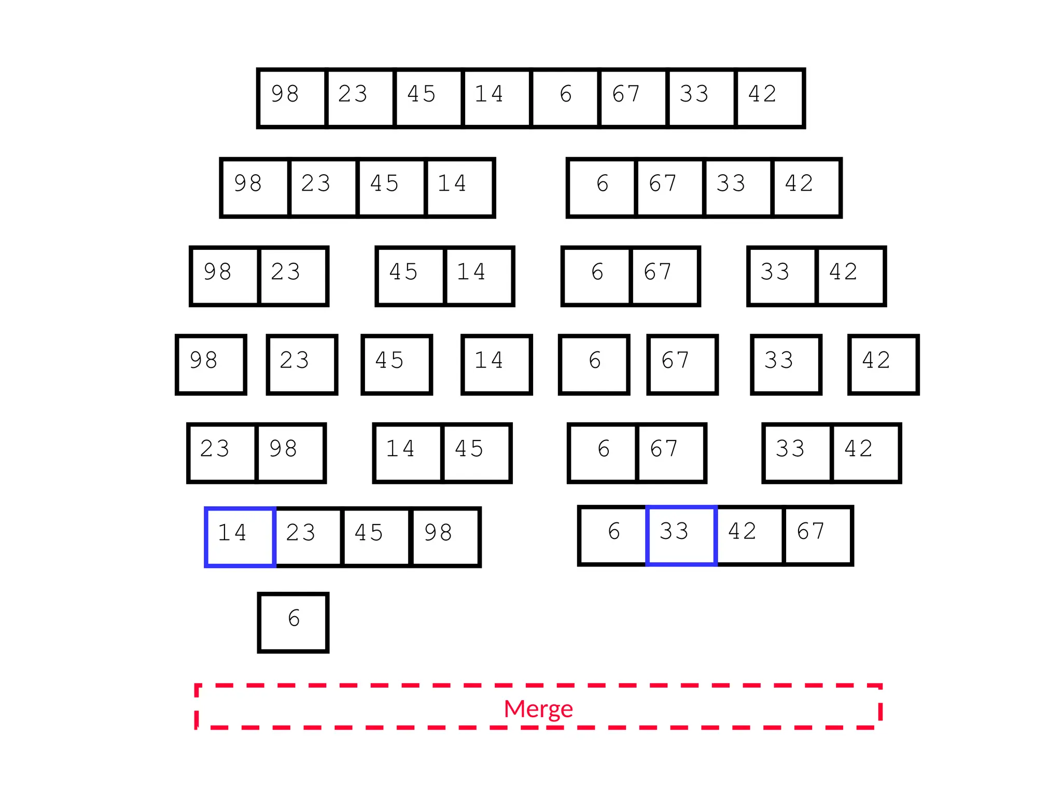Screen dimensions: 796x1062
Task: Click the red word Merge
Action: click(538, 708)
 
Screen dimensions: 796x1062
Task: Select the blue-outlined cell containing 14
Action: click(240, 537)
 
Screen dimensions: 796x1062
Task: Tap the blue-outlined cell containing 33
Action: click(681, 535)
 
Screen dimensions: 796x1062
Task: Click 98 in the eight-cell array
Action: click(292, 98)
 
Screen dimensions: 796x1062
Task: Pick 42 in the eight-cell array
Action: click(770, 98)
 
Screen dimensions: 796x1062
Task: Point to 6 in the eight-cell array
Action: click(565, 98)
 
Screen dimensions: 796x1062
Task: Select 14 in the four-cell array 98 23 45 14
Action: click(459, 188)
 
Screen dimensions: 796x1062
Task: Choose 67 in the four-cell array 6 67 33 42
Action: click(669, 188)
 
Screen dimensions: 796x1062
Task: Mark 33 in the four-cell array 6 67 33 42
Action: click(738, 188)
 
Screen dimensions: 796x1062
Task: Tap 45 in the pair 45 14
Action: click(411, 276)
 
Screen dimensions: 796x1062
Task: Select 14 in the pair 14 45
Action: click(408, 453)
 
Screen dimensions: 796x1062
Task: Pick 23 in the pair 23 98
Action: click(222, 453)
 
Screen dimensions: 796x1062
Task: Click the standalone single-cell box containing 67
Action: click(682, 364)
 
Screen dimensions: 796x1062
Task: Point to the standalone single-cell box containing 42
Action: click(883, 364)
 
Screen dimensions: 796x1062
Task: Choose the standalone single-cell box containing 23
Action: click(302, 364)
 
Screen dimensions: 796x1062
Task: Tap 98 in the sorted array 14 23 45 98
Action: click(445, 537)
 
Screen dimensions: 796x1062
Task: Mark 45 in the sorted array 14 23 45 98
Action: click(376, 537)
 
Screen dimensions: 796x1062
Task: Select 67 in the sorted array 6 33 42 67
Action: click(818, 535)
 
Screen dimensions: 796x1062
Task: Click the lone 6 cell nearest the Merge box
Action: click(294, 622)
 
